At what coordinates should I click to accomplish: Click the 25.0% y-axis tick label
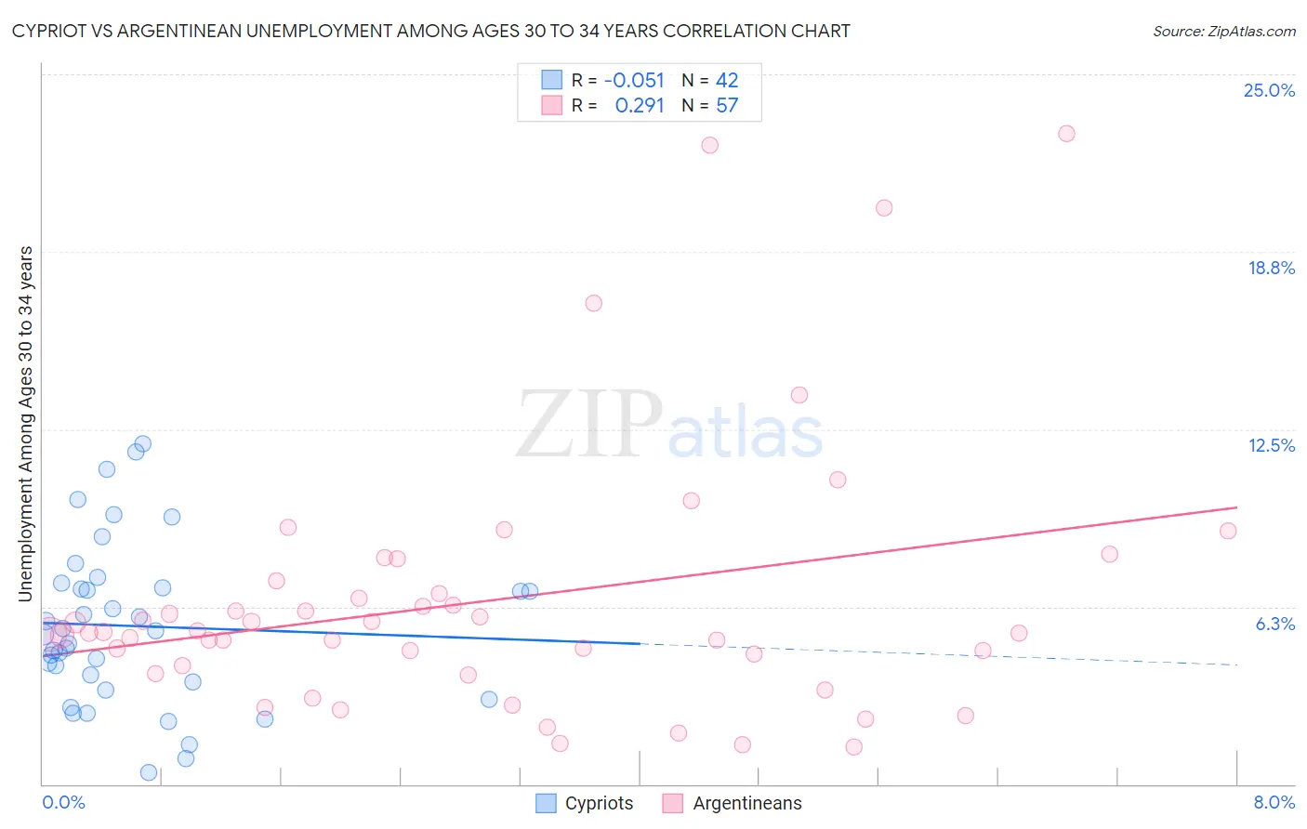1269,90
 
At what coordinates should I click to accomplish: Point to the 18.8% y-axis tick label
1271,268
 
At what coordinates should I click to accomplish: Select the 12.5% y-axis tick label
1271,445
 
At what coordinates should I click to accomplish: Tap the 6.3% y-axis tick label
1274,624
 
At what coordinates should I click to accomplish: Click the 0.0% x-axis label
63,802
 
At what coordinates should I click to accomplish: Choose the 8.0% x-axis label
1274,802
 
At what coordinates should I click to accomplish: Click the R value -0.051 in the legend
634,81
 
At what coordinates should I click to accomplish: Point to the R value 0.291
640,106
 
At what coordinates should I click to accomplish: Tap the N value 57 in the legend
727,106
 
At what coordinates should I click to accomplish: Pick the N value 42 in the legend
727,81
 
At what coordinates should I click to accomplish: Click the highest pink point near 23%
1066,134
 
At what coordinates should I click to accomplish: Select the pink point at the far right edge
1228,531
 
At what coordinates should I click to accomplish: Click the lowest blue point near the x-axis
148,772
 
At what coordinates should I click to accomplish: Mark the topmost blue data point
143,444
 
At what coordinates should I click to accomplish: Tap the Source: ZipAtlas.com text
1223,31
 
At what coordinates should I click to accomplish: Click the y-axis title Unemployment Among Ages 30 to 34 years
26,423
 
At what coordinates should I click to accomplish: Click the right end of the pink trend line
1236,507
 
